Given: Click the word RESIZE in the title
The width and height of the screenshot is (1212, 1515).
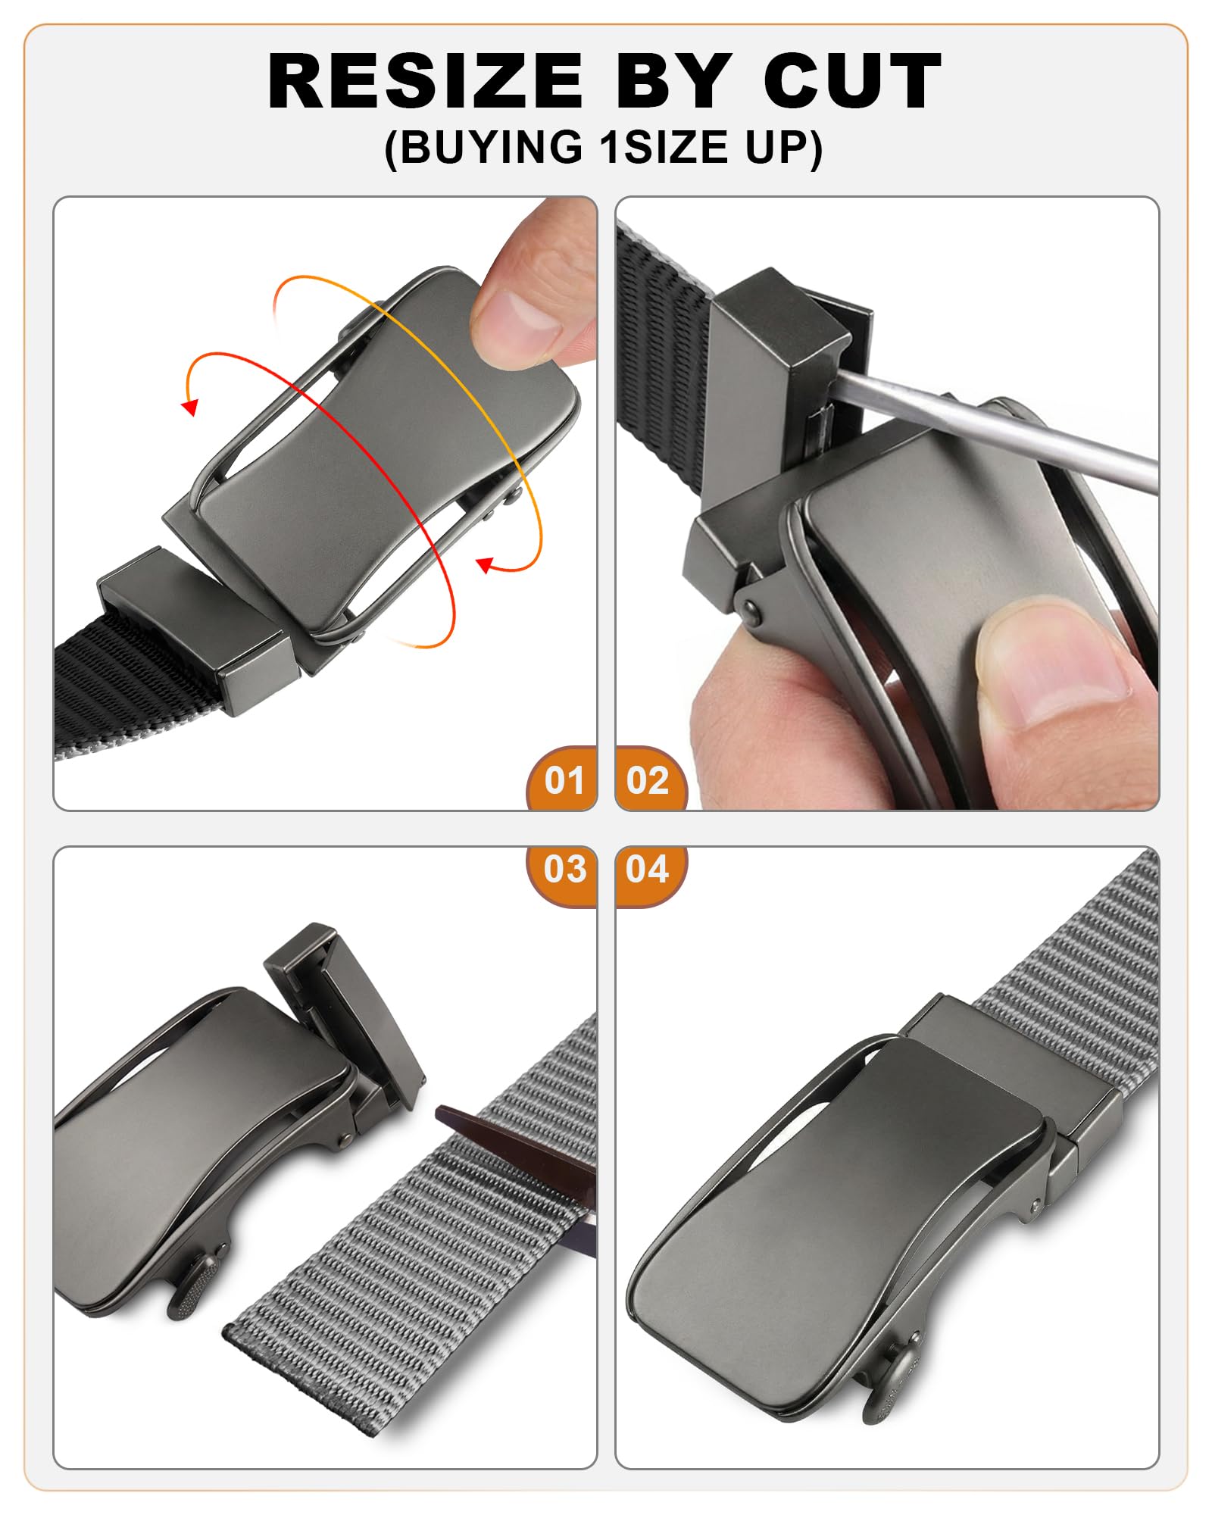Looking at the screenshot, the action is click(425, 81).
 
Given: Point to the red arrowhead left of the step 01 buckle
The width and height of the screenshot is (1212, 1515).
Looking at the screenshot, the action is click(190, 407).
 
